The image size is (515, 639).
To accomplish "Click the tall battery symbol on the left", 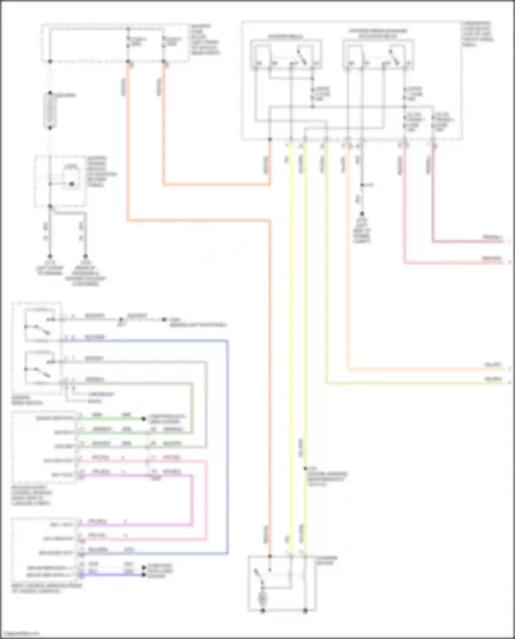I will [50, 111].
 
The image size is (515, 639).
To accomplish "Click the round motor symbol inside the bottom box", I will [264, 599].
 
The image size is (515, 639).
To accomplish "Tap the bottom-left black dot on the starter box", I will [263, 611].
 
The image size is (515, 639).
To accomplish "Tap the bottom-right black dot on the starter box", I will [305, 611].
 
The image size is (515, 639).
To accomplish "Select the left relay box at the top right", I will [286, 54].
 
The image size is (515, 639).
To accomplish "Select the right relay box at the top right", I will [378, 54].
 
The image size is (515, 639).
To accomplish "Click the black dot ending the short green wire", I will [144, 419].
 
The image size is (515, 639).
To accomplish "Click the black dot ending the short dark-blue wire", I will [144, 574].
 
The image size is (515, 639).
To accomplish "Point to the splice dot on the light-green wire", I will [305, 468].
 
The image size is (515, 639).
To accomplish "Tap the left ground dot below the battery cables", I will [50, 256].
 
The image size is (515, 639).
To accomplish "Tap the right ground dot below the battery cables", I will [85, 256].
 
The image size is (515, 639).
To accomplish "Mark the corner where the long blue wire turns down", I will [227, 341].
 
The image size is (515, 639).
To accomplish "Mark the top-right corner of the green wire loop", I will [192, 384].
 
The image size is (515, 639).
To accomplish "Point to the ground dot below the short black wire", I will [362, 214].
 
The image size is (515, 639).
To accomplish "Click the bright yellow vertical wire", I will [291, 343].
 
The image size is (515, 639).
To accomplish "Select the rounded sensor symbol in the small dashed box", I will [71, 177].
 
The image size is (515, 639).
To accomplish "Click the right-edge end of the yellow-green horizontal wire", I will [509, 383].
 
